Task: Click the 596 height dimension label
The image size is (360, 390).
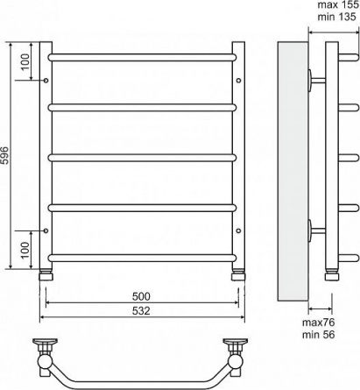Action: pyautogui.click(x=6, y=155)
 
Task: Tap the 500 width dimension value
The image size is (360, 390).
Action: pyautogui.click(x=141, y=296)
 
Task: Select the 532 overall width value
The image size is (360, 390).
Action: pyautogui.click(x=141, y=311)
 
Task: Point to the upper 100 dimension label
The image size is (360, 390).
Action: pyautogui.click(x=25, y=61)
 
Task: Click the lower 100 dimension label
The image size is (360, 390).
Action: pyautogui.click(x=25, y=250)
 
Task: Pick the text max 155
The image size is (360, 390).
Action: pyautogui.click(x=338, y=5)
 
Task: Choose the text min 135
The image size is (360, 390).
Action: pyautogui.click(x=336, y=17)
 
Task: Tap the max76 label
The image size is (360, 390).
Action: pyautogui.click(x=318, y=323)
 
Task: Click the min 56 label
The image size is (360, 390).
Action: pyautogui.click(x=318, y=335)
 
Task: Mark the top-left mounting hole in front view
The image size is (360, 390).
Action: pyautogui.click(x=46, y=80)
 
